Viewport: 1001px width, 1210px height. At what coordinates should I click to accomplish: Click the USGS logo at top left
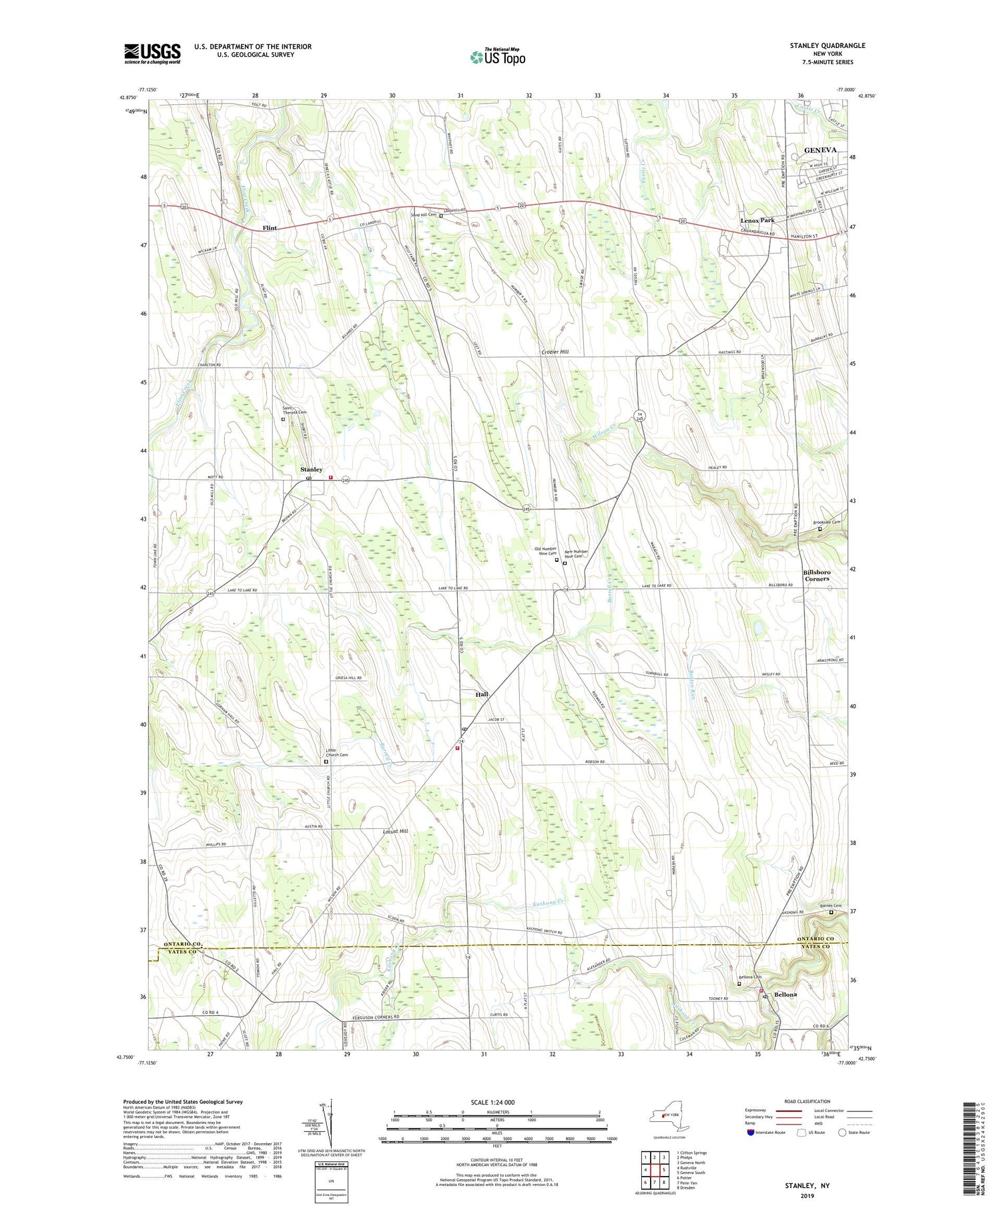click(152, 53)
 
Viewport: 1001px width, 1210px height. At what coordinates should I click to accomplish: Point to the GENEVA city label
click(819, 150)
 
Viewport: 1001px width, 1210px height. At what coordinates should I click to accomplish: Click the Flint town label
click(270, 228)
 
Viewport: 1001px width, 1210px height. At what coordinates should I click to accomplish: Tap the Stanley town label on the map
click(311, 469)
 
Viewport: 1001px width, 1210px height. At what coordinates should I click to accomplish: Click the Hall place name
click(482, 694)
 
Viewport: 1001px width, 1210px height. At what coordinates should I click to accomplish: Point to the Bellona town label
click(785, 994)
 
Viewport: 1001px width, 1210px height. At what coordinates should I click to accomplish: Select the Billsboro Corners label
click(817, 575)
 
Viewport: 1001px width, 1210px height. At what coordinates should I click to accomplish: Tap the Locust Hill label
click(394, 832)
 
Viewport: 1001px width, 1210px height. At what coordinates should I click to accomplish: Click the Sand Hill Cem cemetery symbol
click(441, 216)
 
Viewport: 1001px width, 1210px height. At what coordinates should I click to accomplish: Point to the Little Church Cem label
click(336, 752)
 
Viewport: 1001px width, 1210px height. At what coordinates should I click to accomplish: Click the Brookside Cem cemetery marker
click(820, 529)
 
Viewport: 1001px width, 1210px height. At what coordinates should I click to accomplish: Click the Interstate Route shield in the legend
click(750, 1133)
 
